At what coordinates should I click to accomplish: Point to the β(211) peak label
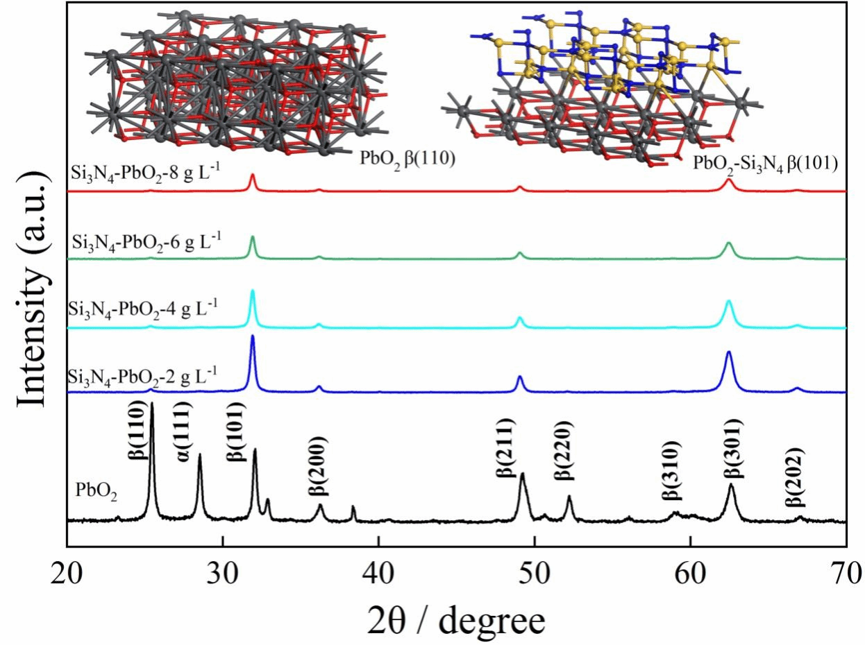505,447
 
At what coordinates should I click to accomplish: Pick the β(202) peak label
796,479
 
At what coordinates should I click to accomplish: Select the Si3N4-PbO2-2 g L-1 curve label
142,377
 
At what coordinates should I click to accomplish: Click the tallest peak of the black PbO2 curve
152,404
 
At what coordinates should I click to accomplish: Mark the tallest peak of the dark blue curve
253,337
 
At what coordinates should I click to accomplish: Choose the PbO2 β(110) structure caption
407,159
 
